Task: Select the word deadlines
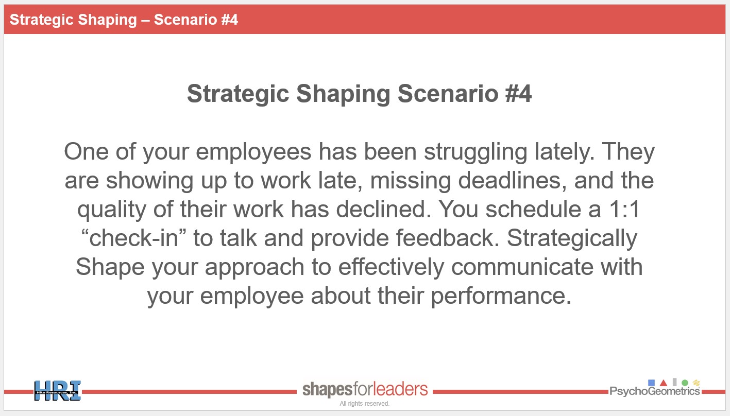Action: point(513,180)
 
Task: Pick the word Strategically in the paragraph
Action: point(572,239)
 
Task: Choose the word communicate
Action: point(522,267)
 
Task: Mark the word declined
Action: point(384,209)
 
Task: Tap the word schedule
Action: point(533,209)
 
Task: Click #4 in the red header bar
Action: point(229,20)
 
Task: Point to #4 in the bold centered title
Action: point(518,94)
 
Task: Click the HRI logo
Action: point(58,391)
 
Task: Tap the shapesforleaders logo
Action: point(365,389)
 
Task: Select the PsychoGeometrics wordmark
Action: point(655,391)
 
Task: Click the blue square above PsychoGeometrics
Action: point(652,383)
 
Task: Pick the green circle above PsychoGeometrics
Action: point(685,383)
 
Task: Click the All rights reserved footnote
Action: point(364,404)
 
